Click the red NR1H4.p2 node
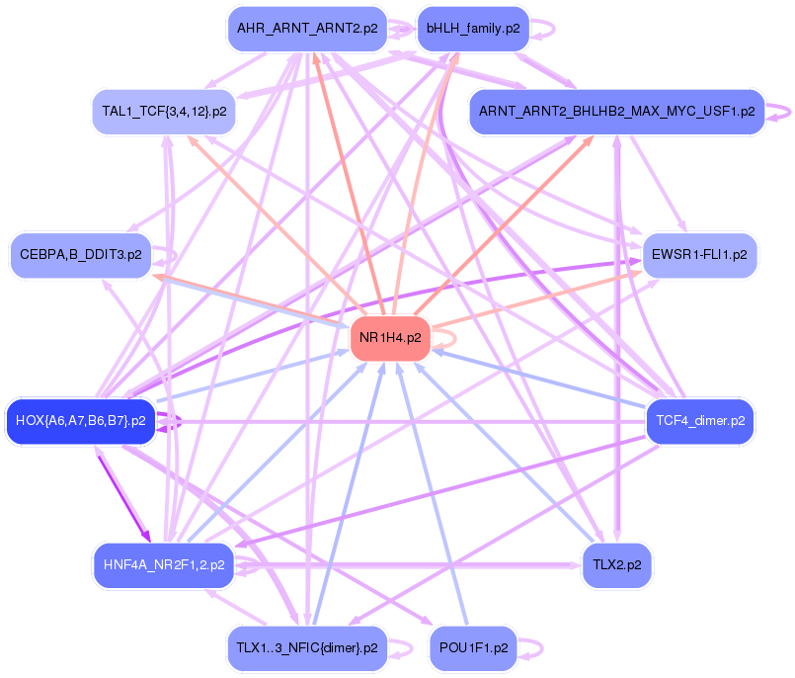390,338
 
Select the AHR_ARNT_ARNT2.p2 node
305,29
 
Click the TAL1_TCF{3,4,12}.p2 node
164,111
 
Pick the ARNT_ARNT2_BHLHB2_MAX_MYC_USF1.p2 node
616,111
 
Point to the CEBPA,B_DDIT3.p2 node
80,255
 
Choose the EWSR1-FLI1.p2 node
699,255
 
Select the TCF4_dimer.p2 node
699,421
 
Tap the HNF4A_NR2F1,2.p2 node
163,566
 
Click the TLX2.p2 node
617,566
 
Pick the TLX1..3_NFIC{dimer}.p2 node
306,648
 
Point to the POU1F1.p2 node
473,648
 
